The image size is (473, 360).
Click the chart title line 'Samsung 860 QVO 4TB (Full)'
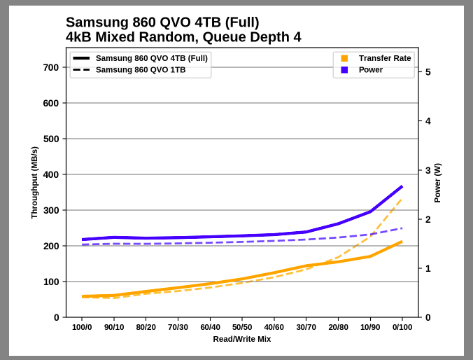coord(162,22)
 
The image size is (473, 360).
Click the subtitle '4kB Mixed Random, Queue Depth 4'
coord(183,37)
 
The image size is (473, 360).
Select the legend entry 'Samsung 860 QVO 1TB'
coord(140,70)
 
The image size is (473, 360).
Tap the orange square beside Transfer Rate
coord(344,58)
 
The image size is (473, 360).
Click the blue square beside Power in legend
coord(344,70)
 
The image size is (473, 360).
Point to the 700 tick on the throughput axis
coord(51,68)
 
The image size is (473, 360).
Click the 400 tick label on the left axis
coord(51,175)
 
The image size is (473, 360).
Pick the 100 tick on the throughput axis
coord(51,282)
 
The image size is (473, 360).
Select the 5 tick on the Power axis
coord(428,72)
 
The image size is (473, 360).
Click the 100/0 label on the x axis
coord(82,327)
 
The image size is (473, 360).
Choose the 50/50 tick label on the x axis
coord(242,327)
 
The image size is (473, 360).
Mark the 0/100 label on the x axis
coord(402,327)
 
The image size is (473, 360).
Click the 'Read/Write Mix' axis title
coord(242,340)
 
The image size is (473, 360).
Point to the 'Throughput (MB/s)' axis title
coord(34,183)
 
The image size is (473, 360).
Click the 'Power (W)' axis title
coord(438,183)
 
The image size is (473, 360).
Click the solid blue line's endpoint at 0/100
coord(402,186)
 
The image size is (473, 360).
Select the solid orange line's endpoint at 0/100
coord(402,242)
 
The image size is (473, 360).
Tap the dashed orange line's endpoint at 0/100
coord(402,198)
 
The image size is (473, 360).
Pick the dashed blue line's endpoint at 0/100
coord(402,228)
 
